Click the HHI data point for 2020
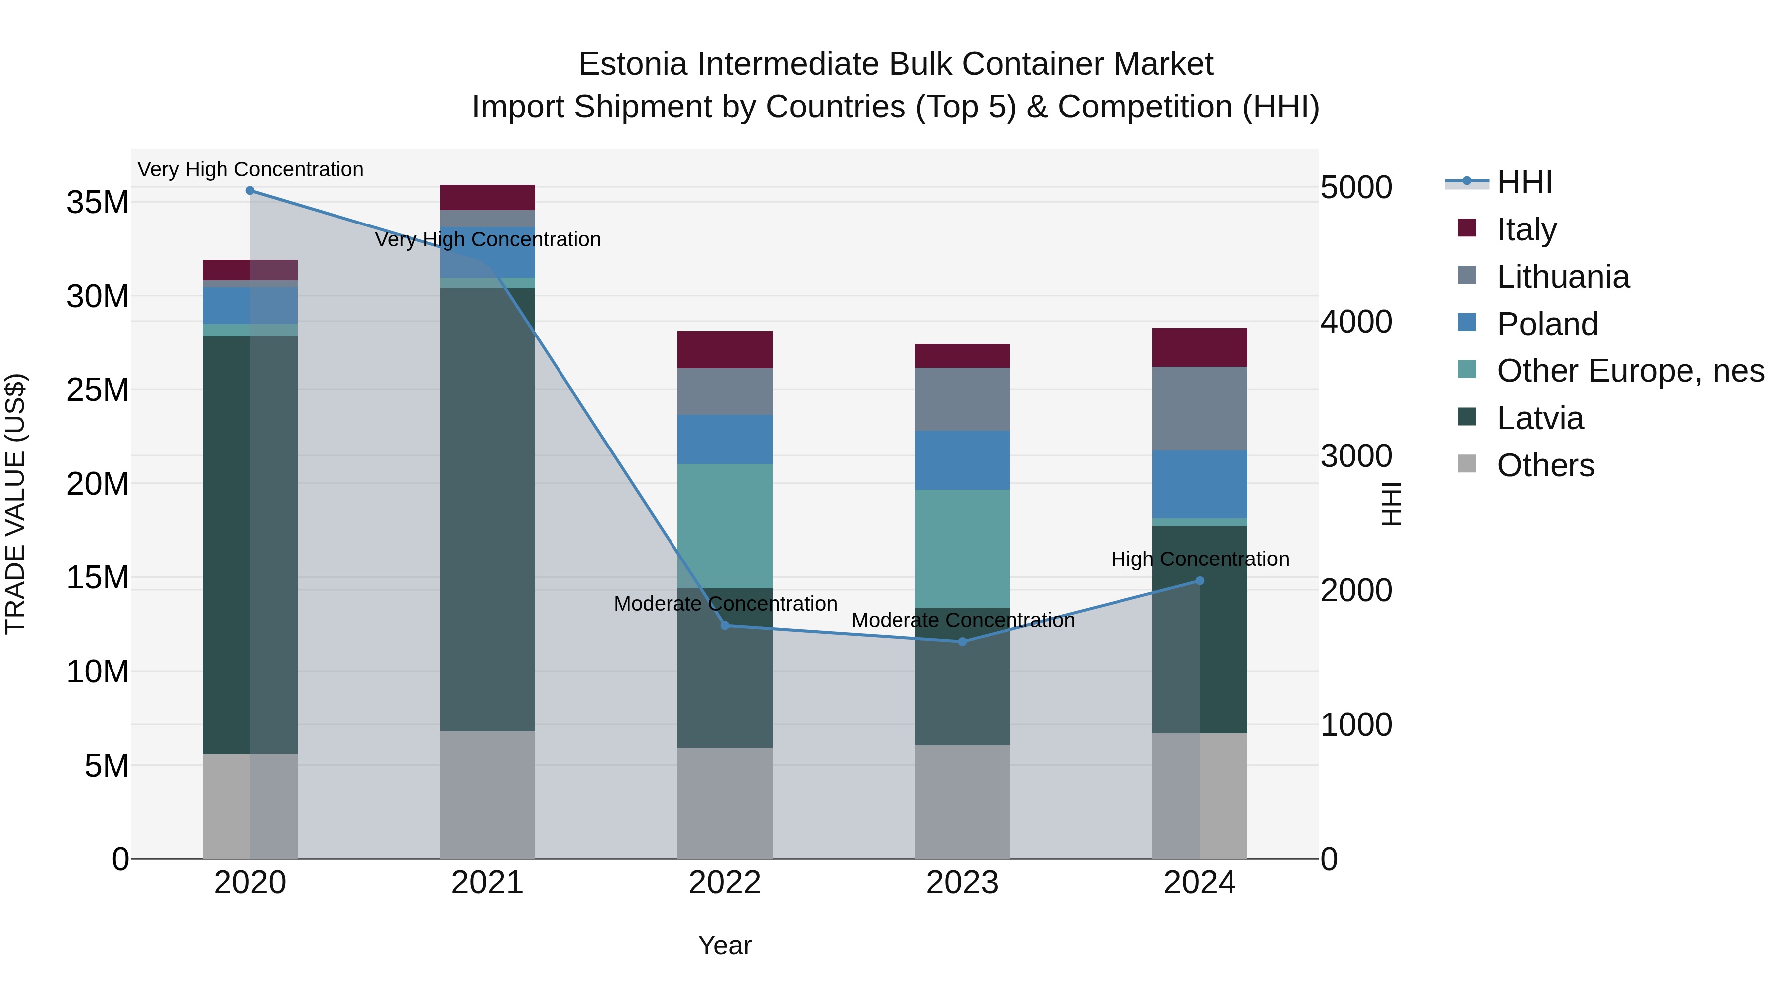pyautogui.click(x=250, y=191)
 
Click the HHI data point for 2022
pyautogui.click(x=725, y=625)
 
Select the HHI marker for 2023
pyautogui.click(x=962, y=642)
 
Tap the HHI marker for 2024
pyautogui.click(x=1199, y=581)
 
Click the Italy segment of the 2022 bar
pyautogui.click(x=725, y=349)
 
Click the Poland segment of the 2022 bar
pyautogui.click(x=725, y=439)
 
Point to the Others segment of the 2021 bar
pyautogui.click(x=487, y=794)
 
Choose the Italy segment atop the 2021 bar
pyautogui.click(x=487, y=197)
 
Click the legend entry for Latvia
pyautogui.click(x=1540, y=418)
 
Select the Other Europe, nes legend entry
pyautogui.click(x=1629, y=371)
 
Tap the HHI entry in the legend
pyautogui.click(x=1524, y=182)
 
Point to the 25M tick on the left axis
pyautogui.click(x=98, y=390)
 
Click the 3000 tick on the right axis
pyautogui.click(x=1356, y=456)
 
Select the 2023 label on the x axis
pyautogui.click(x=962, y=883)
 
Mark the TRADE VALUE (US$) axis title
pyautogui.click(x=15, y=504)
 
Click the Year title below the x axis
pyautogui.click(x=725, y=945)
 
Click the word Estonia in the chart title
pyautogui.click(x=633, y=64)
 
